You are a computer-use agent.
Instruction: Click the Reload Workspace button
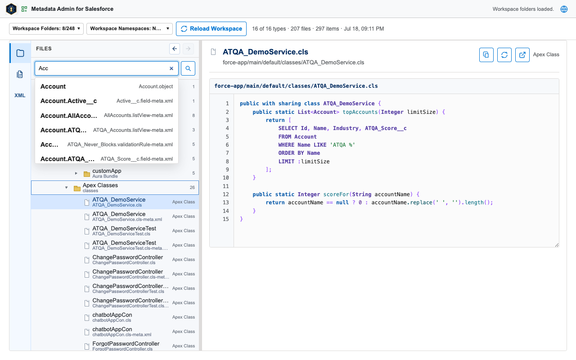pyautogui.click(x=211, y=28)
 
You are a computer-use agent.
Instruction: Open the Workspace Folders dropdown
pyautogui.click(x=46, y=28)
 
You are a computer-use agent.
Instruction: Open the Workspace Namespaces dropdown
pyautogui.click(x=129, y=28)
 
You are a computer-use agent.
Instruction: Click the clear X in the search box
pyautogui.click(x=171, y=68)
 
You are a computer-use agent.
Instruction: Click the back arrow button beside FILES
pyautogui.click(x=175, y=49)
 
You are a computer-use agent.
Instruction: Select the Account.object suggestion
pyautogui.click(x=107, y=86)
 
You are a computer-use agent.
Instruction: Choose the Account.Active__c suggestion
pyautogui.click(x=107, y=101)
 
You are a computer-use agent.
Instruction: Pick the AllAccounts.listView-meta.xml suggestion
pyautogui.click(x=107, y=116)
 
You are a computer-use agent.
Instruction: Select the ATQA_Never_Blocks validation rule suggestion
pyautogui.click(x=107, y=144)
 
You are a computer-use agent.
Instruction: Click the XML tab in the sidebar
pyautogui.click(x=20, y=95)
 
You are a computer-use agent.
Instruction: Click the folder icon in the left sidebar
pyautogui.click(x=20, y=53)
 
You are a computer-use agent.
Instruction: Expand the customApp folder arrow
pyautogui.click(x=76, y=173)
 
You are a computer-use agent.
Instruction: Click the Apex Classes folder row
pyautogui.click(x=115, y=188)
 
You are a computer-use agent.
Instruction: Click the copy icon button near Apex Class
pyautogui.click(x=486, y=55)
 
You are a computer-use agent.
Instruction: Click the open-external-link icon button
pyautogui.click(x=522, y=55)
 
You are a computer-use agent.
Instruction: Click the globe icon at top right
pyautogui.click(x=564, y=9)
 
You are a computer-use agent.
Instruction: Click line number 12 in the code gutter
pyautogui.click(x=225, y=194)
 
